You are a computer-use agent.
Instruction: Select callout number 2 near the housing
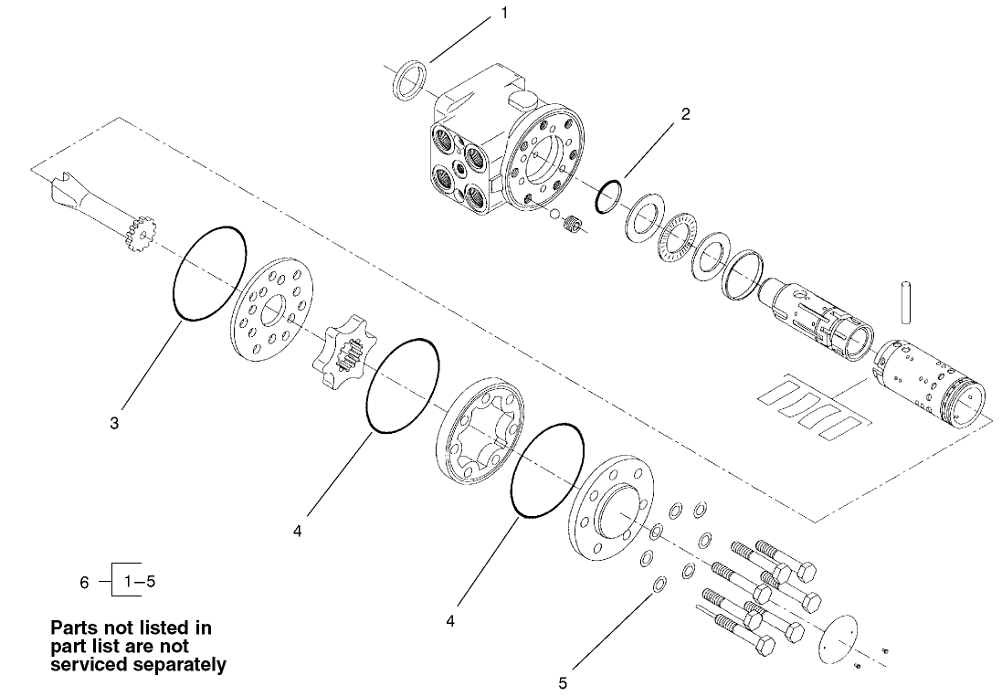tap(685, 115)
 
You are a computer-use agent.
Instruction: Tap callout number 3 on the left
tap(114, 424)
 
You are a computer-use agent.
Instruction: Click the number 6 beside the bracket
tap(85, 581)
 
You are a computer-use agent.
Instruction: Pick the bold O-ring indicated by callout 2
tap(609, 196)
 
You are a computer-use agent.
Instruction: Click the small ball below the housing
tap(553, 215)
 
